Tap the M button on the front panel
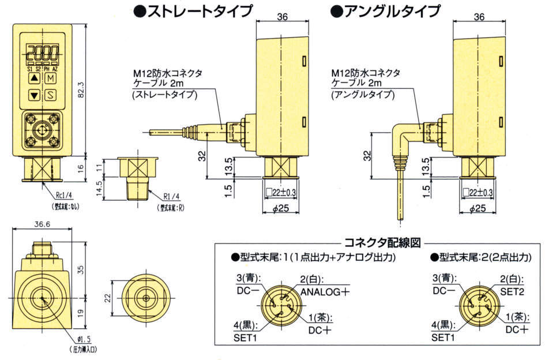tap(51, 77)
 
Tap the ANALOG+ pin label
tap(325, 291)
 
